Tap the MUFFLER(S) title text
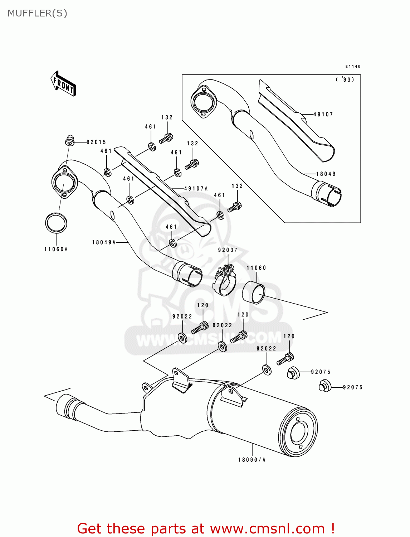click(x=37, y=13)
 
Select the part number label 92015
click(x=96, y=142)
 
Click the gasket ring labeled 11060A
click(x=56, y=223)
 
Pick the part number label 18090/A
click(x=252, y=460)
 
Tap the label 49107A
click(x=196, y=188)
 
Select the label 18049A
click(x=104, y=242)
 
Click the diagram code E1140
click(x=353, y=67)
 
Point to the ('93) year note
click(x=345, y=79)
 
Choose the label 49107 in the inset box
click(x=323, y=115)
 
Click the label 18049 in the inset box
click(x=326, y=174)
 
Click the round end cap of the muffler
click(x=298, y=433)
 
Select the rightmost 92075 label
click(x=353, y=387)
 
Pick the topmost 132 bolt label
click(x=167, y=117)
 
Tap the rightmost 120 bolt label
click(x=289, y=337)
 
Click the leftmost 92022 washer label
click(x=182, y=316)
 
